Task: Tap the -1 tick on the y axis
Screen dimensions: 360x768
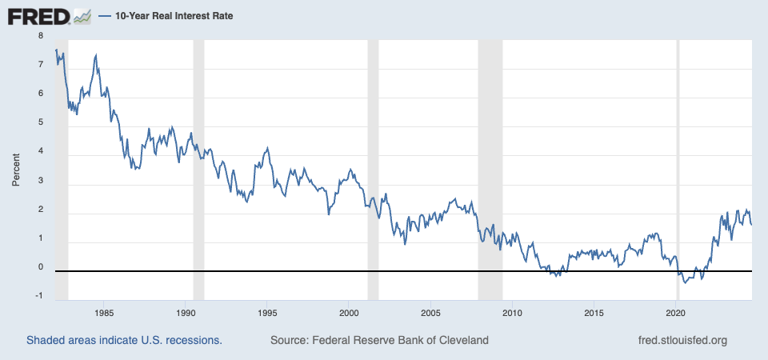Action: [38, 297]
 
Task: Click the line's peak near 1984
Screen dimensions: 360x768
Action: [96, 55]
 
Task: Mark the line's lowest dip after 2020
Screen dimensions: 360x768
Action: [685, 282]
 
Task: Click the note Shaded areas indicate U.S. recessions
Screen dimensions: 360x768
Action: [124, 341]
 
